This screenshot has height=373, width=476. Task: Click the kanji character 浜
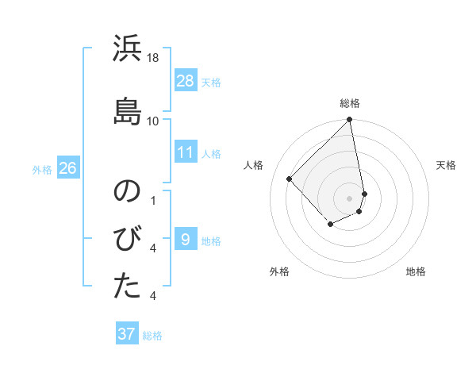click(x=128, y=50)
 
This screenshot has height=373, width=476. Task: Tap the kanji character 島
click(x=128, y=109)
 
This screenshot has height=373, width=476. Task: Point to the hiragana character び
click(x=128, y=239)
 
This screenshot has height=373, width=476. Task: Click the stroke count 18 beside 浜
click(x=153, y=58)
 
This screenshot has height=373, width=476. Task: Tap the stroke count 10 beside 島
click(x=153, y=121)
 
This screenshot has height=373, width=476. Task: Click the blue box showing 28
click(x=186, y=81)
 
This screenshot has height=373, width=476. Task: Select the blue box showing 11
click(x=186, y=152)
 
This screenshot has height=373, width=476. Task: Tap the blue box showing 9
click(x=186, y=239)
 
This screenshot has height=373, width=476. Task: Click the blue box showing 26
click(x=67, y=168)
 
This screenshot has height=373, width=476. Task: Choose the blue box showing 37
click(x=127, y=334)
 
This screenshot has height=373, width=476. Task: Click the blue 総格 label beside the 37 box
click(x=152, y=336)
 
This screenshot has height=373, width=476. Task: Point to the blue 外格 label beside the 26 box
click(x=42, y=169)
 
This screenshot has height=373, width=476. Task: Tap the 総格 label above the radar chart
click(x=350, y=103)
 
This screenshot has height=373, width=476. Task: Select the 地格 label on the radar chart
click(x=416, y=271)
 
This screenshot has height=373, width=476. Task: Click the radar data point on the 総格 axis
click(x=350, y=121)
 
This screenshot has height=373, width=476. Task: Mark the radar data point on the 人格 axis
click(x=290, y=179)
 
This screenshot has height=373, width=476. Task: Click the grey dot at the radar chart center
click(x=350, y=198)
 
